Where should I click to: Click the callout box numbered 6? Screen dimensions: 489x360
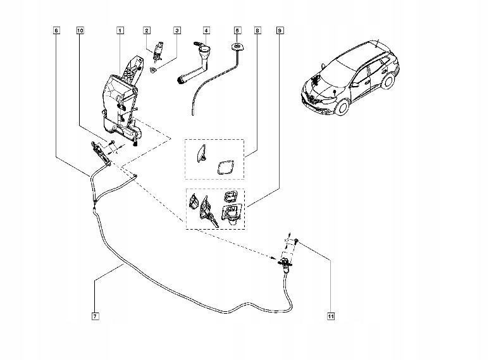pyautogui.click(x=56, y=30)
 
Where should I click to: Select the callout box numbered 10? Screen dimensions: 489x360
pyautogui.click(x=80, y=30)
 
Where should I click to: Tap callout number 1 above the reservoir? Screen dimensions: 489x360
pyautogui.click(x=120, y=30)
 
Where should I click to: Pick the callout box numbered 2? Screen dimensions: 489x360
pyautogui.click(x=147, y=30)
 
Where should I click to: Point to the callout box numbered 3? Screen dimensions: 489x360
pyautogui.click(x=177, y=30)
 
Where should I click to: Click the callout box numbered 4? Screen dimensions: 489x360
pyautogui.click(x=206, y=30)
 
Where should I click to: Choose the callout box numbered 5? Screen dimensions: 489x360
pyautogui.click(x=237, y=30)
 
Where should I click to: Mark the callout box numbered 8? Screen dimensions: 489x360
pyautogui.click(x=257, y=30)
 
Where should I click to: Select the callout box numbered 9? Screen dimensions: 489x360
pyautogui.click(x=280, y=30)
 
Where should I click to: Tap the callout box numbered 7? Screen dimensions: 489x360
pyautogui.click(x=95, y=316)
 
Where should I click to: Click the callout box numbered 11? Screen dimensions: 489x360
pyautogui.click(x=331, y=316)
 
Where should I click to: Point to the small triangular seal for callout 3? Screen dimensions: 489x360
pyautogui.click(x=153, y=70)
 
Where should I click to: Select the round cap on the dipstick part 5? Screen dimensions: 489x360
pyautogui.click(x=237, y=47)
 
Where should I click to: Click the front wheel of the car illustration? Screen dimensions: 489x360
pyautogui.click(x=342, y=107)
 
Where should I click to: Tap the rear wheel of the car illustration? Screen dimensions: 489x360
pyautogui.click(x=388, y=81)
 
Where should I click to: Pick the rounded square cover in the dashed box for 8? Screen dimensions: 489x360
pyautogui.click(x=225, y=167)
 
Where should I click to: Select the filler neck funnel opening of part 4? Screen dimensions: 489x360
pyautogui.click(x=206, y=49)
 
